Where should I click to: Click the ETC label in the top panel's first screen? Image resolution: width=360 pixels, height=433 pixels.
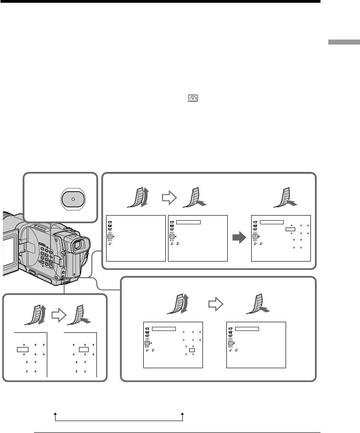[x=110, y=240]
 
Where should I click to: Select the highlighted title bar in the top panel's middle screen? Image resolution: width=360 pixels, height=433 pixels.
[x=188, y=221]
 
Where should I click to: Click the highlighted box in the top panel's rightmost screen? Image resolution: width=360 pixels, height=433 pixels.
[x=290, y=228]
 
